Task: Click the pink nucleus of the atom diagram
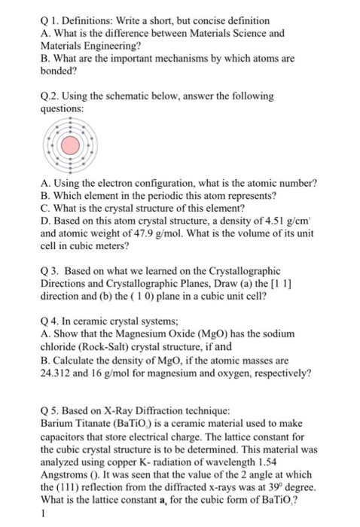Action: point(69,146)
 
